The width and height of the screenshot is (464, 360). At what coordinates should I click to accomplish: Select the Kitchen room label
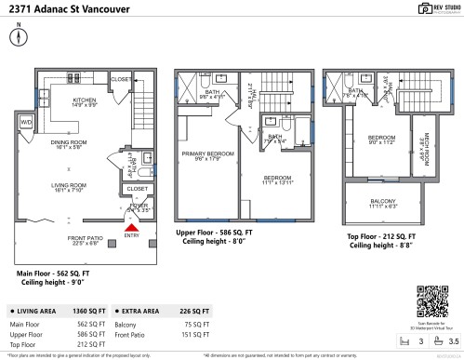(x=84, y=102)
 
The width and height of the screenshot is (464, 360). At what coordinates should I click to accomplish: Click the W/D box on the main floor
(x=26, y=122)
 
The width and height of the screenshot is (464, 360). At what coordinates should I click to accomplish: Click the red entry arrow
(x=131, y=226)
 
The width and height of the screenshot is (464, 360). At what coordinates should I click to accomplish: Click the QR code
(x=431, y=301)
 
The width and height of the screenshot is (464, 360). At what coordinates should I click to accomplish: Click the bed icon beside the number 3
(x=406, y=341)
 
